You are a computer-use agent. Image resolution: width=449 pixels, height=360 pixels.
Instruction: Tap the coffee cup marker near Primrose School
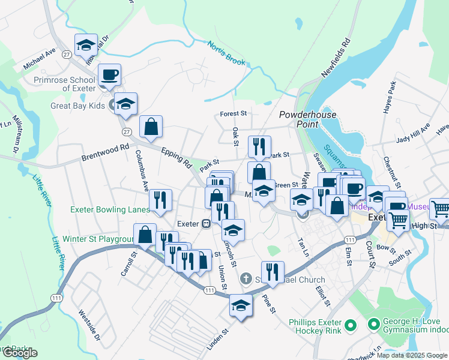pyautogui.click(x=109, y=76)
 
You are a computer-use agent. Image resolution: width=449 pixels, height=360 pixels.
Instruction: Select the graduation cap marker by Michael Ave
pyautogui.click(x=86, y=45)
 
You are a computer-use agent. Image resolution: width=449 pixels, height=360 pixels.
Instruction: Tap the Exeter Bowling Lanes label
pyautogui.click(x=110, y=210)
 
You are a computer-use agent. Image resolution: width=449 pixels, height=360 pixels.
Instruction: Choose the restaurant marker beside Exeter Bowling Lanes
pyautogui.click(x=160, y=200)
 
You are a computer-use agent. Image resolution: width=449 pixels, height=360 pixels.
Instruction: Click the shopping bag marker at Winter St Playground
pyautogui.click(x=145, y=235)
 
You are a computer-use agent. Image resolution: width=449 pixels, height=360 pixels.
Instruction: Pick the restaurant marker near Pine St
pyautogui.click(x=272, y=272)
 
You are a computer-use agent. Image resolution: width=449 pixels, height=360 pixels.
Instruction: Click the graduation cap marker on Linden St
pyautogui.click(x=241, y=306)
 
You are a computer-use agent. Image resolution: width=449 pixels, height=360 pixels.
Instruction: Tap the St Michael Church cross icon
pyautogui.click(x=245, y=279)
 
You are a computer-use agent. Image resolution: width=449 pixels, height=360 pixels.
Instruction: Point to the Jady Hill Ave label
pyautogui.click(x=414, y=134)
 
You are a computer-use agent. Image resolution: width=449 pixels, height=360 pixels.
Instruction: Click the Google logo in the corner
pyautogui.click(x=20, y=353)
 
